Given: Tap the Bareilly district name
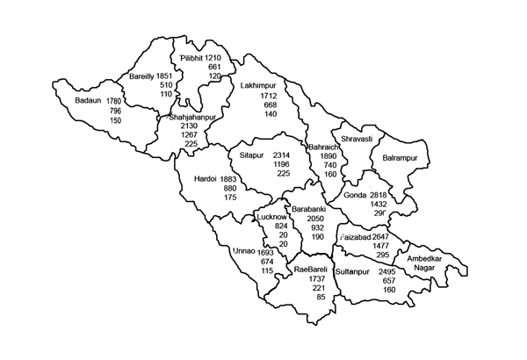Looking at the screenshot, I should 144,76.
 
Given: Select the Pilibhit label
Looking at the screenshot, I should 192,58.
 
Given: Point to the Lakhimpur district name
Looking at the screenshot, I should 258,86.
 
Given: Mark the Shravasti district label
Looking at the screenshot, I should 357,139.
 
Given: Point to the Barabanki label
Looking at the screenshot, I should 310,209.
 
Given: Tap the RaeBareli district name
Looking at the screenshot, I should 311,269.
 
